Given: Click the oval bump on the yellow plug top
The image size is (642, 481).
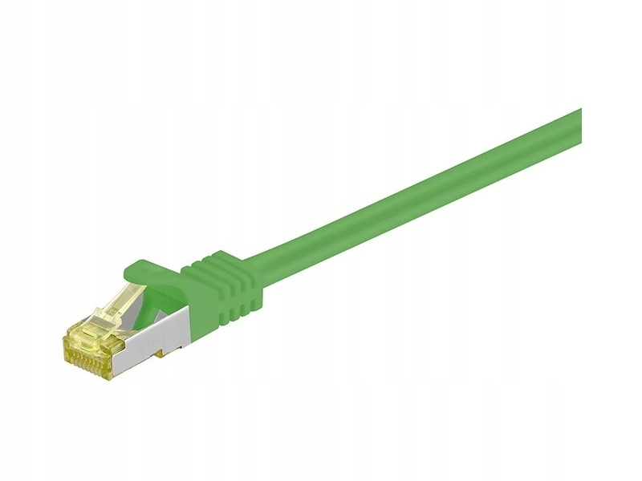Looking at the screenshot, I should (88, 324).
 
